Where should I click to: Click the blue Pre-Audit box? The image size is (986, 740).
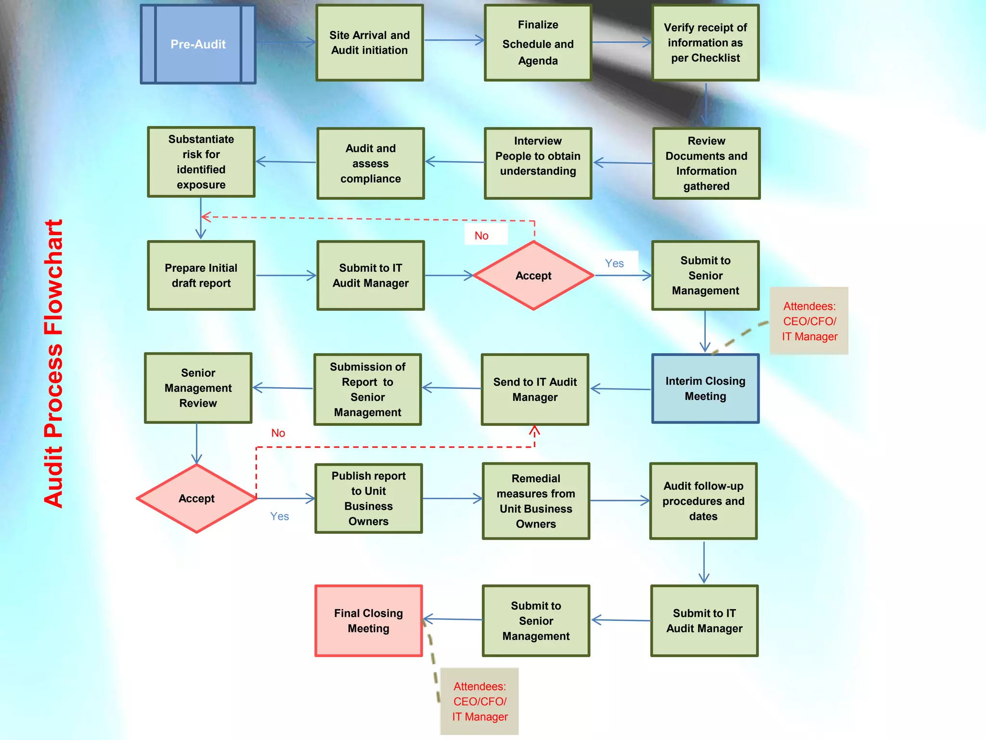click(198, 44)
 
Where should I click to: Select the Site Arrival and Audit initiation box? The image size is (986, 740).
click(369, 43)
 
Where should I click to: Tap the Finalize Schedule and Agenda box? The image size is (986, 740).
click(538, 43)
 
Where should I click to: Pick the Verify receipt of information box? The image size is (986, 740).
click(705, 43)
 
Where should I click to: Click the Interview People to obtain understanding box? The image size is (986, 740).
click(538, 163)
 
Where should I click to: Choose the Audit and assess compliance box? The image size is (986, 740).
click(370, 163)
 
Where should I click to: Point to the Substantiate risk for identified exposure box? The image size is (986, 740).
click(201, 162)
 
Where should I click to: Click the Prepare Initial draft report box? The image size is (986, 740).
click(201, 275)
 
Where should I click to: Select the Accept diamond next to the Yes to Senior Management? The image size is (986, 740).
click(533, 276)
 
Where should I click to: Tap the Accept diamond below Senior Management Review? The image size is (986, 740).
click(196, 499)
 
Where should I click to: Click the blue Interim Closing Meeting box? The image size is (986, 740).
click(705, 389)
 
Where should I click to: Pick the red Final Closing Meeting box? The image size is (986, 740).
click(368, 621)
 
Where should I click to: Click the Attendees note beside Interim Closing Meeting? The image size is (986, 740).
click(809, 321)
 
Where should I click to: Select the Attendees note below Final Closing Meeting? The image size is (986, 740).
click(480, 701)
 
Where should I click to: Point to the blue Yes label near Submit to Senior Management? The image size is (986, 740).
click(614, 264)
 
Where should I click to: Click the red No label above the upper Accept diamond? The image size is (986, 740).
click(481, 236)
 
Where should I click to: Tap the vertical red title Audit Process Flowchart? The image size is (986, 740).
click(53, 364)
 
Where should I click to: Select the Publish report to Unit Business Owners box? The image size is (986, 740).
click(368, 499)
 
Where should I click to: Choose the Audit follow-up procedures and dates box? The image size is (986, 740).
click(703, 501)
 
